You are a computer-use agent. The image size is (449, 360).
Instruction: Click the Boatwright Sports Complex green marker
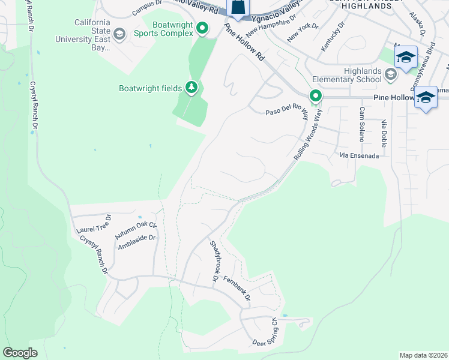pyautogui.click(x=203, y=28)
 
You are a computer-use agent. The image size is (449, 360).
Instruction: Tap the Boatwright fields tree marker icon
pyautogui.click(x=191, y=88)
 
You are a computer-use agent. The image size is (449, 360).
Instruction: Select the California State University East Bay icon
pyautogui.click(x=119, y=34)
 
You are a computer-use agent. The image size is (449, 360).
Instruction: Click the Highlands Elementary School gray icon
pyautogui.click(x=391, y=75)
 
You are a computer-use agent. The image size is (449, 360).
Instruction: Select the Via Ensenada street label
pyautogui.click(x=359, y=155)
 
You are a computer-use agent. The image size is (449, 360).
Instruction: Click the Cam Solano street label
pyautogui.click(x=362, y=124)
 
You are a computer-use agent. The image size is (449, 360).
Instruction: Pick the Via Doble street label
pyautogui.click(x=384, y=133)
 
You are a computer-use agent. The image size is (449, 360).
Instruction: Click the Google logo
pyautogui.click(x=20, y=353)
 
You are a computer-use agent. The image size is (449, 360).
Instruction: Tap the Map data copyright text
pyautogui.click(x=423, y=355)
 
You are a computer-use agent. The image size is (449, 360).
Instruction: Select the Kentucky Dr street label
pyautogui.click(x=334, y=37)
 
